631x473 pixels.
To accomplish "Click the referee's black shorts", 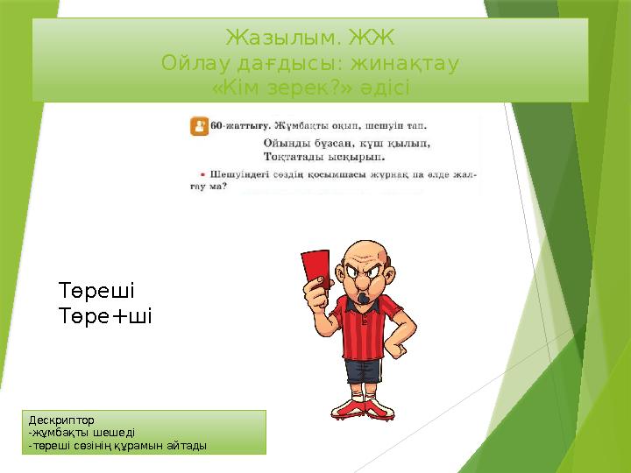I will tap(361, 371).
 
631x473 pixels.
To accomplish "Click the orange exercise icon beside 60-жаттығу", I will tap(199, 126).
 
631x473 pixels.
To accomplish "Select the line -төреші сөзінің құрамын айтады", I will tap(117, 446).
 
